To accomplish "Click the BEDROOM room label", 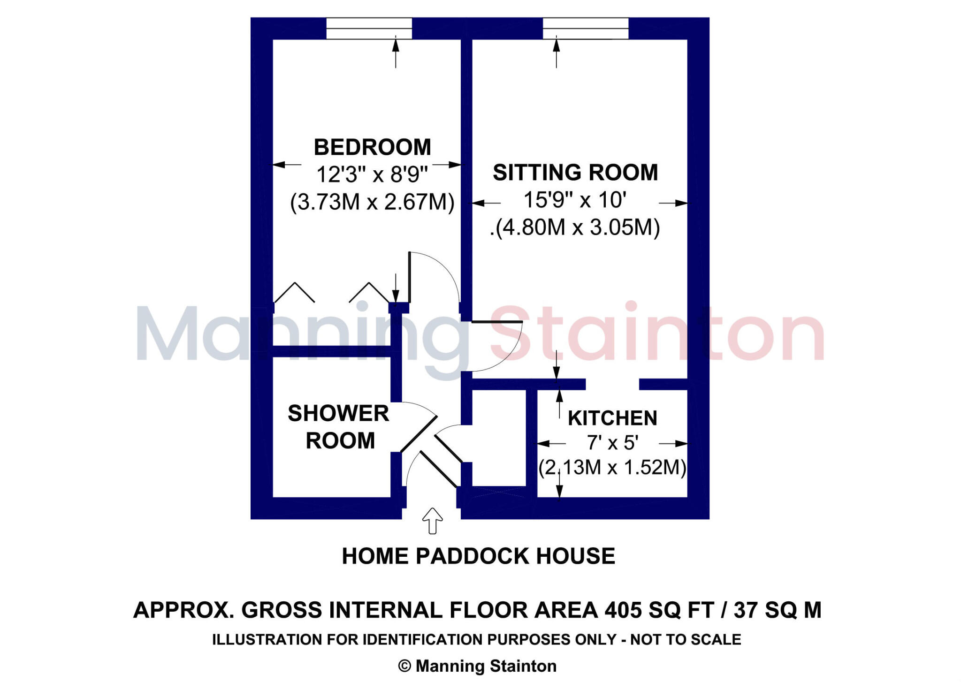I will click(372, 147).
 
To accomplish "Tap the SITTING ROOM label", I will click(575, 172).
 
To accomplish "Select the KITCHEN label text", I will click(612, 418).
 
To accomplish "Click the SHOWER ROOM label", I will click(339, 426).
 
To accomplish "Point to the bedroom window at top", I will click(369, 28).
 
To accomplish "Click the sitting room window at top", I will click(585, 28).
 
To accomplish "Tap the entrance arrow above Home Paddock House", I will click(432, 521).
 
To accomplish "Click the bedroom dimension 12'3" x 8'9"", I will click(372, 174).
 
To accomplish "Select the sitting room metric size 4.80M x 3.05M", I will click(577, 227).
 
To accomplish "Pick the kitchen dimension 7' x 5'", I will click(612, 443).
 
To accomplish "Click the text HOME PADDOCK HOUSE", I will click(478, 556).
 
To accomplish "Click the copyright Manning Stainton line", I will click(477, 666).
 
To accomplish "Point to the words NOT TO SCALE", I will click(686, 640).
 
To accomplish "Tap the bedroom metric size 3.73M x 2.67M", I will click(372, 202).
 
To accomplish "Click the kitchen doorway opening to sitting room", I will click(612, 384).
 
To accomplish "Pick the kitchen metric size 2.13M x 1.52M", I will click(612, 468).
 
